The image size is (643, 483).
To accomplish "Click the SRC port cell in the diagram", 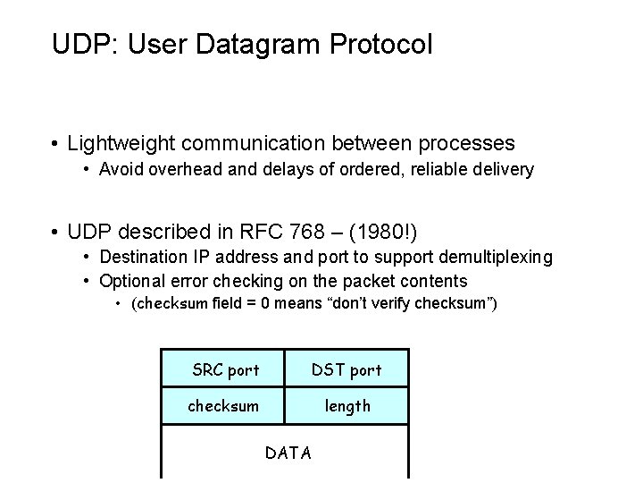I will coord(226,369).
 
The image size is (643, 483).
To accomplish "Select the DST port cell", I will coord(347,369).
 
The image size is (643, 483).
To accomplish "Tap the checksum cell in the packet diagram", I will coord(223,405).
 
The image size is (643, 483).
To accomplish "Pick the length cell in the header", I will coord(347,405).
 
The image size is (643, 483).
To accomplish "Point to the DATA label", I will coord(288,453).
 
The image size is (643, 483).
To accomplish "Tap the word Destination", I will coord(143,258).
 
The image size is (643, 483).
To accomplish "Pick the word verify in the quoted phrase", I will coord(395,304).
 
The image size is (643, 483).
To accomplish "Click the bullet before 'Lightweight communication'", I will coord(55,143).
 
